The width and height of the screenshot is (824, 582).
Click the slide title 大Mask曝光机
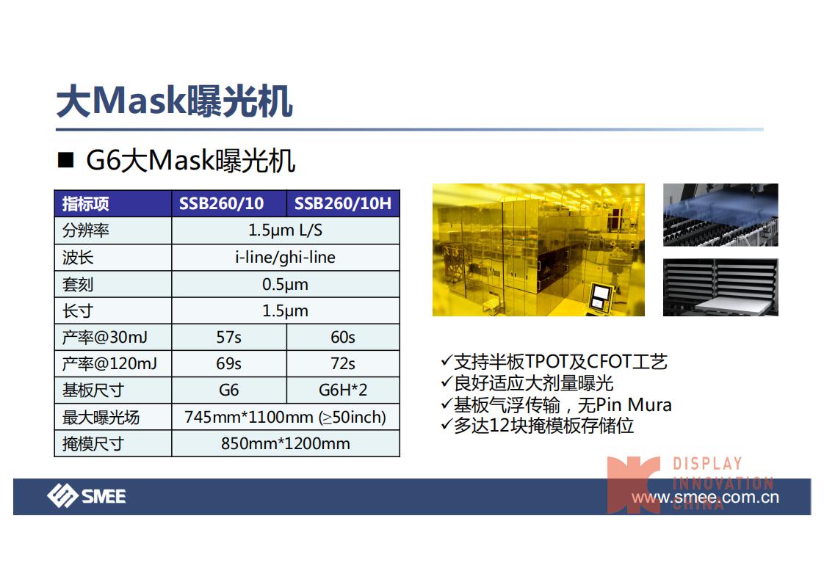pos(175,101)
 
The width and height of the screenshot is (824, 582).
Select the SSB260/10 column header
pos(221,203)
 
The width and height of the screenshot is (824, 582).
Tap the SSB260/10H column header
pos(343,203)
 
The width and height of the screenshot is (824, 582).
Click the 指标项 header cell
pos(86,204)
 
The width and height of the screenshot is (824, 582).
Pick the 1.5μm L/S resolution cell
pos(286,230)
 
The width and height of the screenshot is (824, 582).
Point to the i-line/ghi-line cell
pos(286,258)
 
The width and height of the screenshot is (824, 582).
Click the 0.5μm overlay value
pos(286,284)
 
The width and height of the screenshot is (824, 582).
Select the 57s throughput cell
pos(228,337)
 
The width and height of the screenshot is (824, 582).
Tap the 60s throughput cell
pos(343,337)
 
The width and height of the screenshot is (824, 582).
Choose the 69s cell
pos(228,363)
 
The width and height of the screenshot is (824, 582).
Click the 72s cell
pos(343,363)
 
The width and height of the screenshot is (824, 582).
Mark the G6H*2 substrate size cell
pos(343,390)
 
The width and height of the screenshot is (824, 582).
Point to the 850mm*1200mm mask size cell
pos(286,444)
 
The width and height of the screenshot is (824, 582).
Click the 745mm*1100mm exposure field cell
pos(286,417)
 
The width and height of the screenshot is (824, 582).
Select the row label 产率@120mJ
pos(109,363)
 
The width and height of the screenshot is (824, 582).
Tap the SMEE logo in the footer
pos(86,496)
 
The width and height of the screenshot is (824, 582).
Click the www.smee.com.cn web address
pos(705,497)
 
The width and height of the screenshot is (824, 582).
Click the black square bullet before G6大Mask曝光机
pos(65,160)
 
